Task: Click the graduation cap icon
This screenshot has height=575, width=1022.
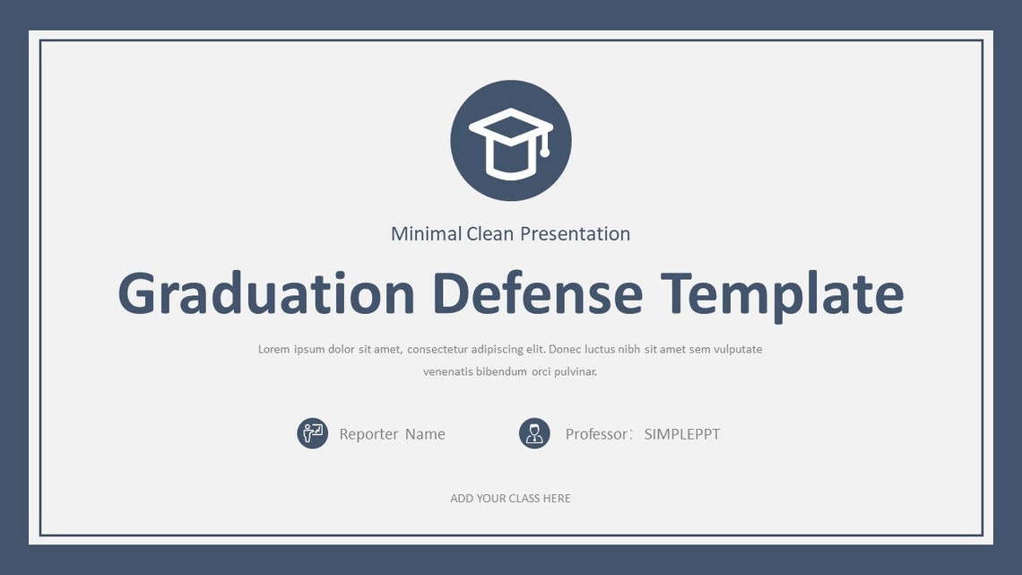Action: tap(510, 141)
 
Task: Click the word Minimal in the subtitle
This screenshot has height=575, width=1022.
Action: tap(426, 234)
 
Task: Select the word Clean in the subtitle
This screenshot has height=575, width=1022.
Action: tap(490, 234)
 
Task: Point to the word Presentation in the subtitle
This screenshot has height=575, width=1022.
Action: tap(575, 234)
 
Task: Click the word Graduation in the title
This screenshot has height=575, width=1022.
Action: tap(266, 293)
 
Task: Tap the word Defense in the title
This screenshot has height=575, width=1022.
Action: tap(537, 293)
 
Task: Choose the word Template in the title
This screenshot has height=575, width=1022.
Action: tap(782, 293)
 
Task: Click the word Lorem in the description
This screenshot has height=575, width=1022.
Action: tap(273, 349)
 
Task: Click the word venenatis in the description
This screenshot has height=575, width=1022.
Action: tap(447, 371)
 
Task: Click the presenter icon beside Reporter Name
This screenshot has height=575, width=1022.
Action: tap(312, 434)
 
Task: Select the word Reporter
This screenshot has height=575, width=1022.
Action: tap(368, 434)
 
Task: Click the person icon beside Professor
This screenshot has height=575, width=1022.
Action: tap(534, 434)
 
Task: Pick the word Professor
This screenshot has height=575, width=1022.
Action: tap(597, 434)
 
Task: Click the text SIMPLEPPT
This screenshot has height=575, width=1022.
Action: tap(681, 434)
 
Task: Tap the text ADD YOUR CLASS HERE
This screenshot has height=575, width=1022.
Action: tap(510, 499)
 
